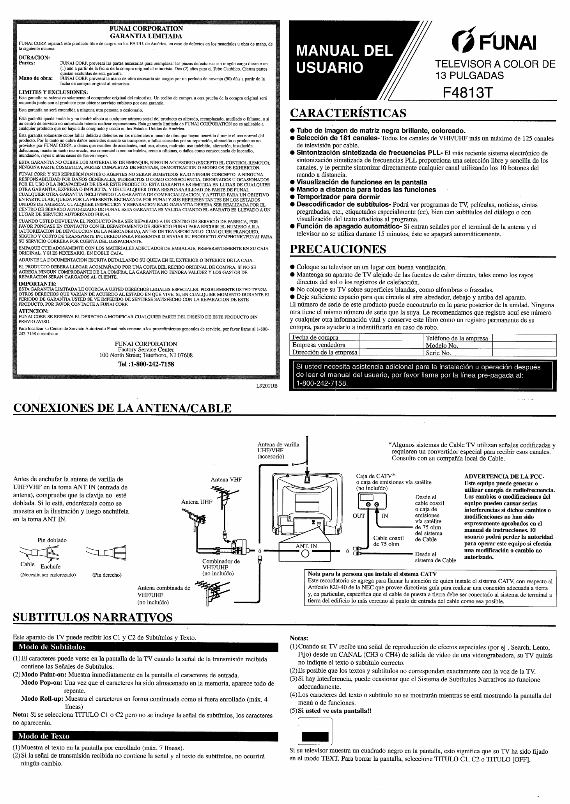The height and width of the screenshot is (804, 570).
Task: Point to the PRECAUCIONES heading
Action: (338, 249)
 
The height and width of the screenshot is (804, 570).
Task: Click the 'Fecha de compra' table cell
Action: (315, 338)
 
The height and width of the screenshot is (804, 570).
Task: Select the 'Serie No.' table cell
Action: (438, 353)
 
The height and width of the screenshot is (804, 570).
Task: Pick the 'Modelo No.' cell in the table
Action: (442, 345)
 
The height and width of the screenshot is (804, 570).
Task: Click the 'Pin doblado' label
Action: (52, 540)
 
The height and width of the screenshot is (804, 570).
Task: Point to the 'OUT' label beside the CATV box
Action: (359, 516)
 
